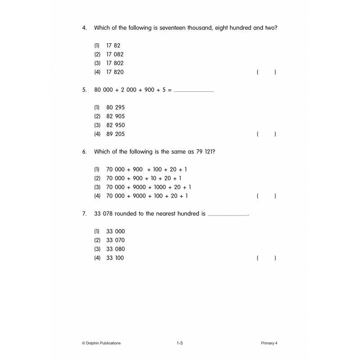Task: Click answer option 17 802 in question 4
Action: (115, 63)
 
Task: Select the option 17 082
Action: (115, 54)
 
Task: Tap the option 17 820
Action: (115, 72)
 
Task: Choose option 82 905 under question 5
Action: (115, 116)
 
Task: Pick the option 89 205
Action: (115, 134)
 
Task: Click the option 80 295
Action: (115, 108)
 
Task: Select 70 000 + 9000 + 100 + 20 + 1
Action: (147, 196)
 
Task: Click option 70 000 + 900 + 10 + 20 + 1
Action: (144, 178)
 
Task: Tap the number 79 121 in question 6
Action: (205, 152)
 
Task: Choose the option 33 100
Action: (115, 258)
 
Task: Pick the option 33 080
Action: (115, 249)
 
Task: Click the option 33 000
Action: (115, 231)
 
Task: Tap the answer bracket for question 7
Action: (266, 258)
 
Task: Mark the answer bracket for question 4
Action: (266, 72)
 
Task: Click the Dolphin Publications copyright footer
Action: (101, 343)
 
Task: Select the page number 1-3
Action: (180, 343)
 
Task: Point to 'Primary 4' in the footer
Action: (269, 343)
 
